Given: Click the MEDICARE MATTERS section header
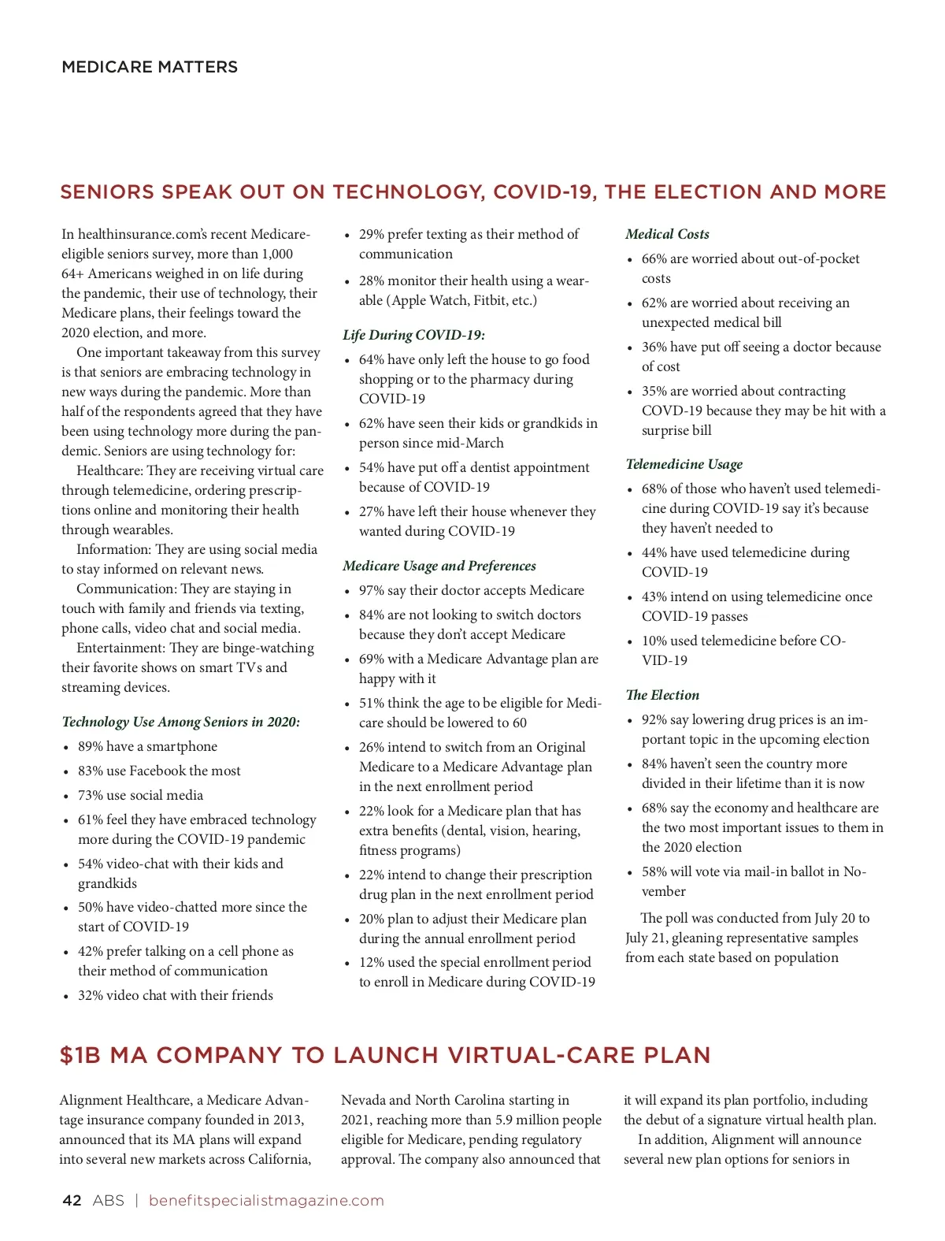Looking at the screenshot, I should [x=150, y=67].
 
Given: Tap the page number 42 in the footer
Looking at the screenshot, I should [x=72, y=1200].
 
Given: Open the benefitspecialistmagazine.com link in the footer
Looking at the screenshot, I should [x=266, y=1200].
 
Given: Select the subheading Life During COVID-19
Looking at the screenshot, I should [x=413, y=335].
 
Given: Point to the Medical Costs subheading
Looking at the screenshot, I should [x=667, y=234].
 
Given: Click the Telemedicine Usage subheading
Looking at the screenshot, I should [x=684, y=464].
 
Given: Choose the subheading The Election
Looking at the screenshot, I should [x=662, y=695].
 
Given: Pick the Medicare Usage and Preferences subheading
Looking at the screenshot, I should [x=439, y=566].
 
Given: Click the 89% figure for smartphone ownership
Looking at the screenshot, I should [x=91, y=746].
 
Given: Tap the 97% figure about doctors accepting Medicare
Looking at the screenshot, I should [x=372, y=590].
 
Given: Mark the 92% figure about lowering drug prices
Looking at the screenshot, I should [x=654, y=719].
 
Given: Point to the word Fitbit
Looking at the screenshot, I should [x=490, y=300].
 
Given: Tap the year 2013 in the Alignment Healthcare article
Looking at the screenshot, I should [x=288, y=1120].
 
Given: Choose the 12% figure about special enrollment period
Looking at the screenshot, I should [x=372, y=962].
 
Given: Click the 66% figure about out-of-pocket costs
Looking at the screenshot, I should [x=654, y=258].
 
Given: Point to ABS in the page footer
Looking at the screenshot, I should [x=108, y=1200].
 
